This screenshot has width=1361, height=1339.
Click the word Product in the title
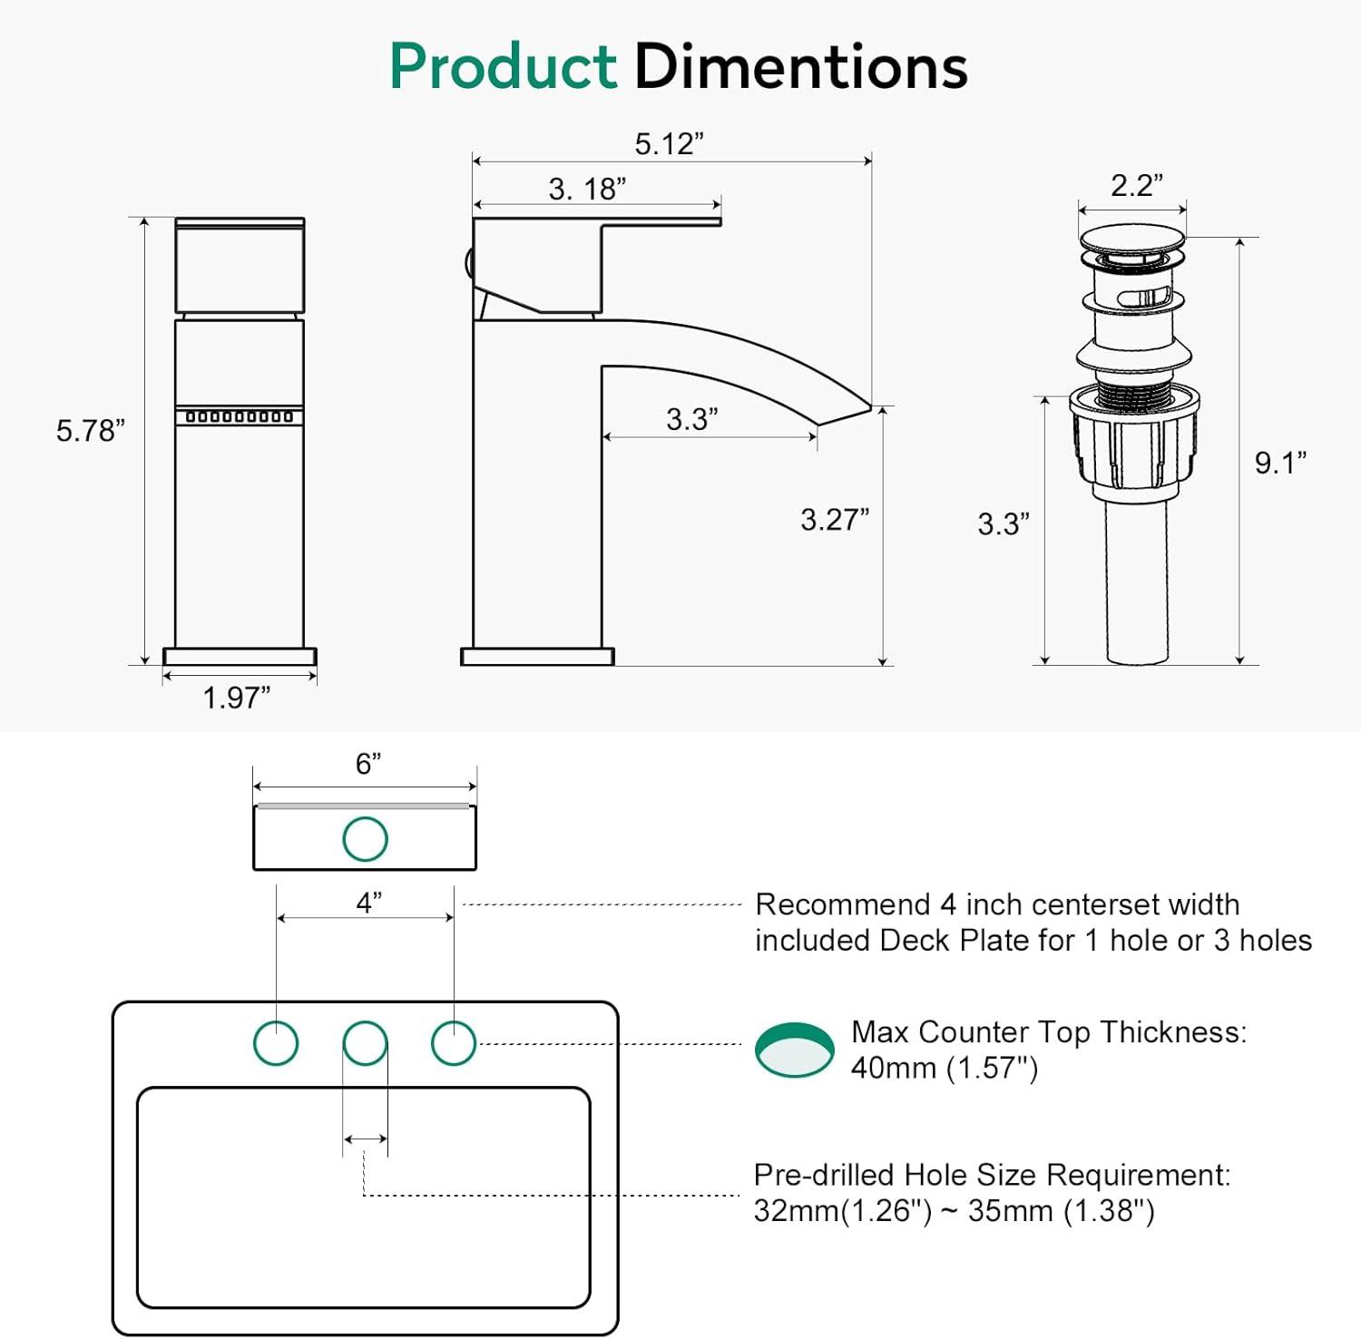503,67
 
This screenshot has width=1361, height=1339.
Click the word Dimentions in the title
800,67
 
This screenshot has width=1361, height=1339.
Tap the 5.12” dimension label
669,144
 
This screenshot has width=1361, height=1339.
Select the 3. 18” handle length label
587,190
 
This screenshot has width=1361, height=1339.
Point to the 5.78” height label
90,431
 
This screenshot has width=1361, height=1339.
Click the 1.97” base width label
236,698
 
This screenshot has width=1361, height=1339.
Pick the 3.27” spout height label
834,520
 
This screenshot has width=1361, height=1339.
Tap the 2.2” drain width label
1136,186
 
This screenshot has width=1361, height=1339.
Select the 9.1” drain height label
1279,463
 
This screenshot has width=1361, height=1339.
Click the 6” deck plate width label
367,764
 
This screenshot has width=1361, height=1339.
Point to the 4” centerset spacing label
368,903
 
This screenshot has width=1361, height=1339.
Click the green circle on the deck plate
365,838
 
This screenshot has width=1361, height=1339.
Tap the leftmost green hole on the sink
276,1042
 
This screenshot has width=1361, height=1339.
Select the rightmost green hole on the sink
453,1042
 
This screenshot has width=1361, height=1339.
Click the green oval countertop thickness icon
794,1051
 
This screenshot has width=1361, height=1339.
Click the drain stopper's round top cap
1132,239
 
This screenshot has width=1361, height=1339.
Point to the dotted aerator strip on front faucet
240,416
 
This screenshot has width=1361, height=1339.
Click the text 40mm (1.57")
944,1069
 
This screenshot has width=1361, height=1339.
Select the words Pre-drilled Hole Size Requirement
992,1175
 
